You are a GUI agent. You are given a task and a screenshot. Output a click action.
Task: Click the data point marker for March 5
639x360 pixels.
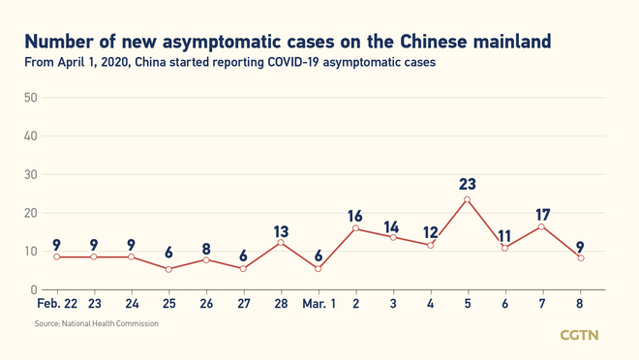[468, 200]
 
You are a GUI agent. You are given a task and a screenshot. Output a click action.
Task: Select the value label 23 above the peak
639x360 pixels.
[468, 184]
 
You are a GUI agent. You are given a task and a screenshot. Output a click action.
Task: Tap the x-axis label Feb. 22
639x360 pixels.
[56, 304]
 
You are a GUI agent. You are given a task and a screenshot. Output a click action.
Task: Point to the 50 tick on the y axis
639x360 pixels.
[30, 98]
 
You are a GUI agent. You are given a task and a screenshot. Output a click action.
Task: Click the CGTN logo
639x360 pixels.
[581, 335]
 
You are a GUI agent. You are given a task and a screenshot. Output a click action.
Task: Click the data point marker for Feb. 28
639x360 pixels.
[281, 242]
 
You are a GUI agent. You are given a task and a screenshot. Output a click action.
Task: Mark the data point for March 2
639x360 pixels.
[355, 228]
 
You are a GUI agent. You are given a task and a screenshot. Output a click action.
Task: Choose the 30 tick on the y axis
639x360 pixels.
[30, 174]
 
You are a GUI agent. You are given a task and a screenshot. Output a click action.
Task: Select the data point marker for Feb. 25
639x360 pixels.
[168, 269]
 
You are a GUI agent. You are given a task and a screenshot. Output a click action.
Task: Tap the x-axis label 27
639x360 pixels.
[243, 304]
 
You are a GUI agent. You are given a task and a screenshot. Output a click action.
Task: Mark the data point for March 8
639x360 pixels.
[580, 257]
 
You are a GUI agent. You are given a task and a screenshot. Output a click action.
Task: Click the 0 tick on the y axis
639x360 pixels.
[34, 289]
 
